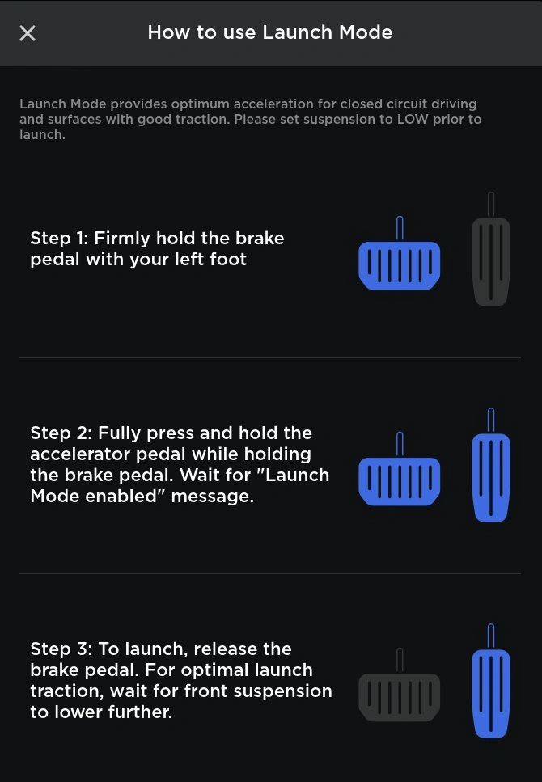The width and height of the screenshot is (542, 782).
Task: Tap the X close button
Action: pos(28,33)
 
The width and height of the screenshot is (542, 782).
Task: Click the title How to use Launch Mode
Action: pos(270,32)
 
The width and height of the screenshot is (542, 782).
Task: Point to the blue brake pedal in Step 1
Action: pos(400,253)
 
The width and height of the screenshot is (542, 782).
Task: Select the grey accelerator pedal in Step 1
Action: pos(491,249)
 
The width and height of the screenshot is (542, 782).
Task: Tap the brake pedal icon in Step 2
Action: pos(400,469)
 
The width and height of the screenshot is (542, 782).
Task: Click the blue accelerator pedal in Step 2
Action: pos(491,465)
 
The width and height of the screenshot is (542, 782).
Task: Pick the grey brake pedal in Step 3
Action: pos(400,685)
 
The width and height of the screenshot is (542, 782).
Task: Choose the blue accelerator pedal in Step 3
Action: pos(491,681)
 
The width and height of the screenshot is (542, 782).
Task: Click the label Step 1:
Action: pos(59,239)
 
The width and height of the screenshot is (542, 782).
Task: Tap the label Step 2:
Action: pos(61,433)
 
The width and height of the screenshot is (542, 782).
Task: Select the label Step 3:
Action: pos(61,649)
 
